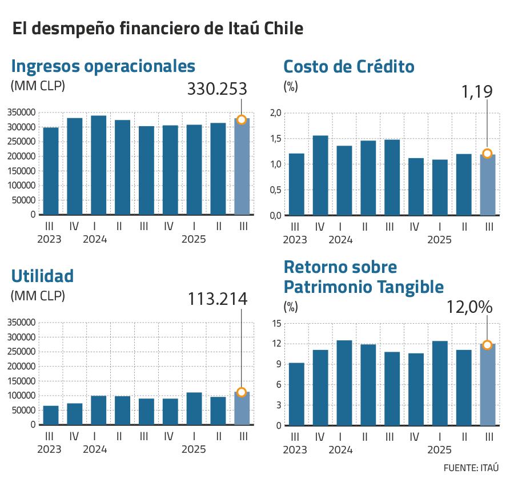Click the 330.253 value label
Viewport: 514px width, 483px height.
pos(217,90)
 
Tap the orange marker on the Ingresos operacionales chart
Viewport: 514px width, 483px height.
pos(242,120)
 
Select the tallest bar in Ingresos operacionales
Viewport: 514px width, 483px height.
pos(99,165)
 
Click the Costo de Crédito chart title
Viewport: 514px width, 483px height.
pos(349,67)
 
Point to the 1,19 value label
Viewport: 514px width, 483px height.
pos(477,91)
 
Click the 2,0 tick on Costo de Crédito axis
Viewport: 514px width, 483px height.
pos(276,113)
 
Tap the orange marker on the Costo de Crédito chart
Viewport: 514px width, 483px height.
pos(487,154)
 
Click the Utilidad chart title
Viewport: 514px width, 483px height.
pos(42,276)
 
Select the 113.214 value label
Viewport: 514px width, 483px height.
pos(217,299)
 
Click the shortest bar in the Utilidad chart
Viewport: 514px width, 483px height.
pos(51,415)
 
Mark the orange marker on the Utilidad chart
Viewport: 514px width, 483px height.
pos(242,392)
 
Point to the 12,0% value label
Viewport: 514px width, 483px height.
pos(469,307)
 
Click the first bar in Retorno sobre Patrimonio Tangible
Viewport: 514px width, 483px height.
pos(296,394)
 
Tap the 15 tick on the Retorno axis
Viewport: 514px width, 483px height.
pos(276,324)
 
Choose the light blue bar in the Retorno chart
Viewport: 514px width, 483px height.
pos(487,385)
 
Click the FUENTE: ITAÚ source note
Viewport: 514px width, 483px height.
pos(471,468)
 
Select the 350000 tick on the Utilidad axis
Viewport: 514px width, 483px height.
pos(22,323)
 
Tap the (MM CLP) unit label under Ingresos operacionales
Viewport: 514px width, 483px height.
pos(38,86)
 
